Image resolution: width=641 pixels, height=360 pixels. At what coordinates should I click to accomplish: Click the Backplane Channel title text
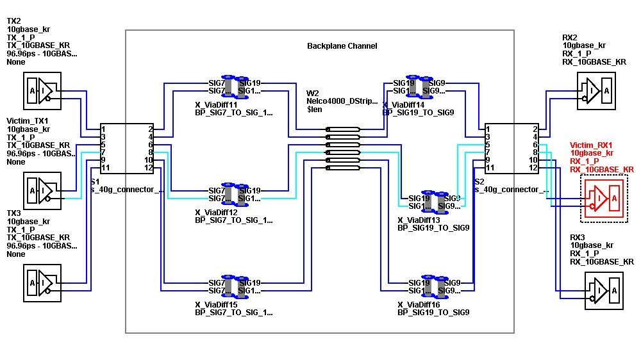342,46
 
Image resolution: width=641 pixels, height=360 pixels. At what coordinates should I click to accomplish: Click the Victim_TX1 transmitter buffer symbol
42,190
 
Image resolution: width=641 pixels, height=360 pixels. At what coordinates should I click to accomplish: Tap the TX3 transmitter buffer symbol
42,282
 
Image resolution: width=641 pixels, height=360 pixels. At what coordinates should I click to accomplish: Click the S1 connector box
126,149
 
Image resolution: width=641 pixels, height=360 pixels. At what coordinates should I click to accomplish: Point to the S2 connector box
511,149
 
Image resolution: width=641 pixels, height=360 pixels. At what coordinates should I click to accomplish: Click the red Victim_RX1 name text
592,145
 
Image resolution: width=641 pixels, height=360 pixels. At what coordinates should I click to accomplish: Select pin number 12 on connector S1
149,168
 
